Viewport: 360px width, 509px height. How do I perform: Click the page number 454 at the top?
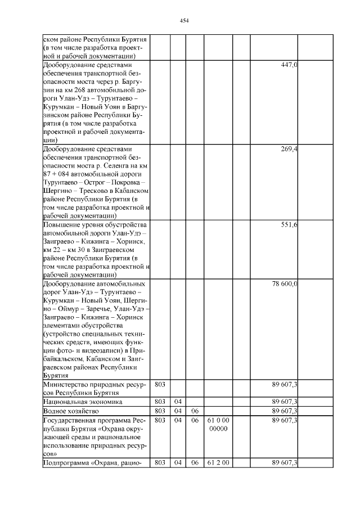184,21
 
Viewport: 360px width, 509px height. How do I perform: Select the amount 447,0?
289,65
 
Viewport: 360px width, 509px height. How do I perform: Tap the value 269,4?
289,149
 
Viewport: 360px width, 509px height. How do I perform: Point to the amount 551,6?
289,225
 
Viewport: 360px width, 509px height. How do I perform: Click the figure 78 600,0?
285,284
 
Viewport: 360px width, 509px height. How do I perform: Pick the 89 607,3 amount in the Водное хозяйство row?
285,411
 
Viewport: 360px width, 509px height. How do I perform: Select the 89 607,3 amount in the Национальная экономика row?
285,402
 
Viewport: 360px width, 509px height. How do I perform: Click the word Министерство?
66,384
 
